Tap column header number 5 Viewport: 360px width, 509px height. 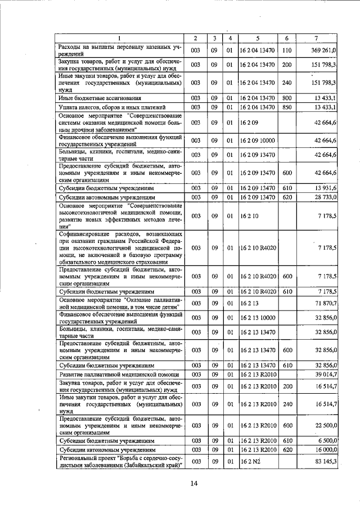point(257,38)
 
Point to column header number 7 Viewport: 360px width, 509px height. point(318,38)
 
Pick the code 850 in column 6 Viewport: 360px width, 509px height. point(287,106)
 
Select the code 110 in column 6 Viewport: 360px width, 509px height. point(287,50)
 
